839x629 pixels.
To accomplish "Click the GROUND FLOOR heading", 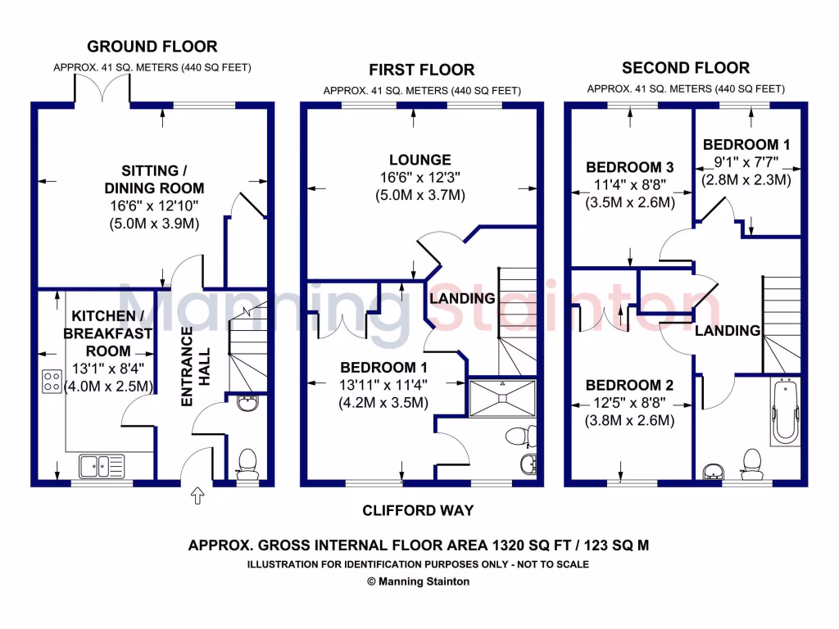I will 152,47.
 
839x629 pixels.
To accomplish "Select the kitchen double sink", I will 102,466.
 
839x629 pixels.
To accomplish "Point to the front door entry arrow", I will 197,496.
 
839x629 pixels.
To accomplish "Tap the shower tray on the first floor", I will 502,397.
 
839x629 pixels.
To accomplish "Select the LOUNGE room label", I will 421,160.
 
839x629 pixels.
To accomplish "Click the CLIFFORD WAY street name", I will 419,511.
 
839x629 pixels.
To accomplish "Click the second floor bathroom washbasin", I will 714,470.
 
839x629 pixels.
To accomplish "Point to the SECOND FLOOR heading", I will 686,68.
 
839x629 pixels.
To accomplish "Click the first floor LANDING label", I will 463,298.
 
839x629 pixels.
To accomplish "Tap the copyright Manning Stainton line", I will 419,581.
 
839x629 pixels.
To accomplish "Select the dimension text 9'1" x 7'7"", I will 746,162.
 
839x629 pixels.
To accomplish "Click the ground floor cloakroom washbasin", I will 247,402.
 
